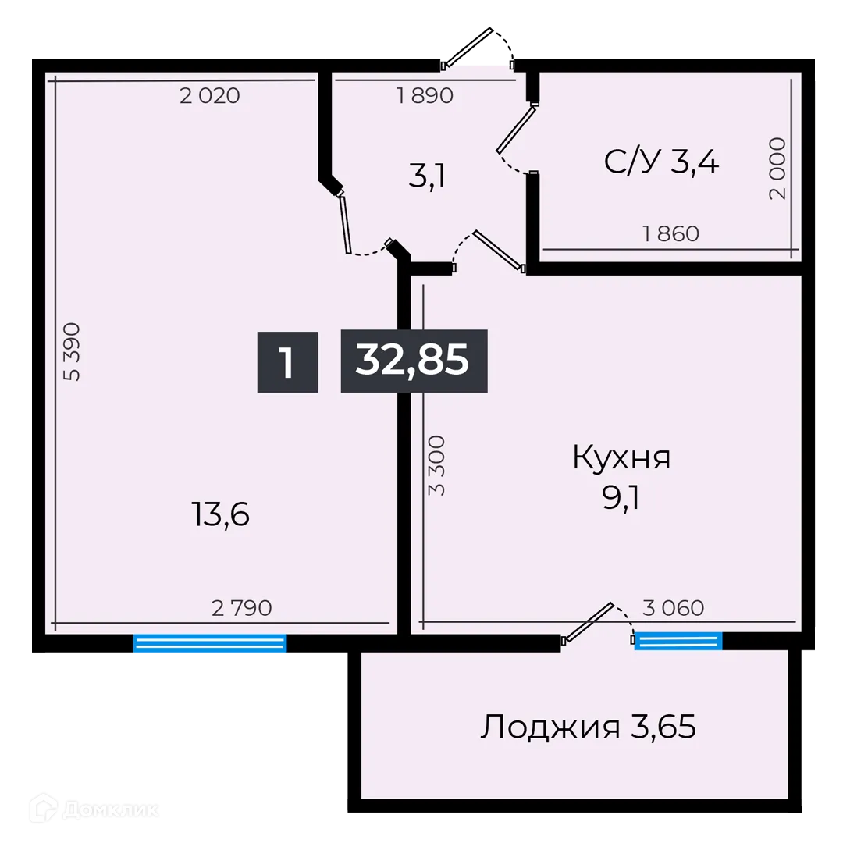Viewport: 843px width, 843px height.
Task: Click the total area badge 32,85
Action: coord(414,361)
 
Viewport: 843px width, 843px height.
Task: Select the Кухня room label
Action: coord(621,458)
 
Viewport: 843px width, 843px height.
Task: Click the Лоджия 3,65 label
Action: coord(587,727)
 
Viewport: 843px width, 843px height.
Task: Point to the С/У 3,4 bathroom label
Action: coord(661,162)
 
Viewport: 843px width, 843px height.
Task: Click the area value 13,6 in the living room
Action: coord(219,514)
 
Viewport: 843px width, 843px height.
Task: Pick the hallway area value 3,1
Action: coord(426,179)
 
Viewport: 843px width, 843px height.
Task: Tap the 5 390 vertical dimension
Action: coord(73,351)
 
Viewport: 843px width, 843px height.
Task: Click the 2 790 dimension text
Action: coord(242,607)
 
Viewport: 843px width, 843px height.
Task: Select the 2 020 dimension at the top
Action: coord(209,96)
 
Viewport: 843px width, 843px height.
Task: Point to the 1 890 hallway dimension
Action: coord(425,96)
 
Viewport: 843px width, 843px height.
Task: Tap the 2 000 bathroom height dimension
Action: coord(777,169)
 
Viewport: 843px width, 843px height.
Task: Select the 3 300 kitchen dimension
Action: coord(437,465)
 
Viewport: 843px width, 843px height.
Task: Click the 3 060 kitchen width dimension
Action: coord(673,607)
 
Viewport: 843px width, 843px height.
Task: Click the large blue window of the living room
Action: coord(210,644)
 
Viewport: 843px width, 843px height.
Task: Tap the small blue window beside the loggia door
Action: coord(678,642)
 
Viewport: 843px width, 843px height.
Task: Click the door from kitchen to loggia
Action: coord(592,623)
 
